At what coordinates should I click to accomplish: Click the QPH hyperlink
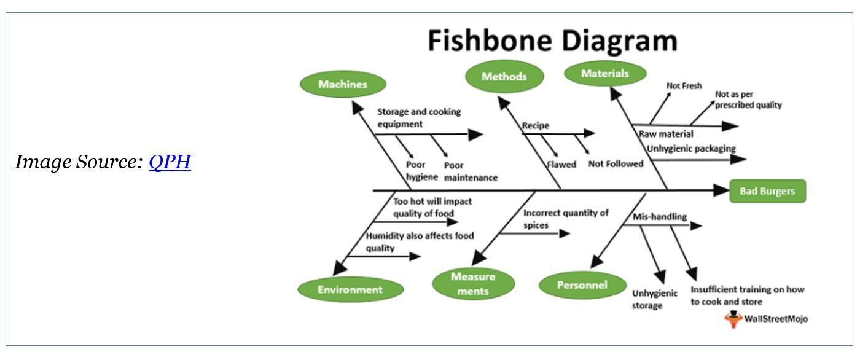pyautogui.click(x=170, y=162)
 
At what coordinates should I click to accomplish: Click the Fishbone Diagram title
pyautogui.click(x=552, y=41)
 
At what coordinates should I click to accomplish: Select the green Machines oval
pyautogui.click(x=343, y=85)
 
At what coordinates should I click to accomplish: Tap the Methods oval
pyautogui.click(x=504, y=77)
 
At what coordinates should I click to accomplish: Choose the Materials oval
pyautogui.click(x=604, y=74)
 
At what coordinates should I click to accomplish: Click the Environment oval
pyautogui.click(x=350, y=289)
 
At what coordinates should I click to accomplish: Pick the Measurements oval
pyautogui.click(x=472, y=283)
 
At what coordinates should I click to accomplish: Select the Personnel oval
pyautogui.click(x=582, y=285)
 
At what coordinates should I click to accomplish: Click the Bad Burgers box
pyautogui.click(x=767, y=191)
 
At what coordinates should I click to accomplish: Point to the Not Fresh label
pyautogui.click(x=684, y=86)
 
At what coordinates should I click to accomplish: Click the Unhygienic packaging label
pyautogui.click(x=690, y=148)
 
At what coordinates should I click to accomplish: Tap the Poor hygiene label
pyautogui.click(x=421, y=171)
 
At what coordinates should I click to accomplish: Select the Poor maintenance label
pyautogui.click(x=470, y=171)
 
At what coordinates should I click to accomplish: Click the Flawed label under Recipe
pyautogui.click(x=562, y=164)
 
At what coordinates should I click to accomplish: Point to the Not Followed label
pyautogui.click(x=616, y=164)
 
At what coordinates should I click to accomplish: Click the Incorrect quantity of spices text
pyautogui.click(x=565, y=219)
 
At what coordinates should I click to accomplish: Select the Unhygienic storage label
pyautogui.click(x=654, y=299)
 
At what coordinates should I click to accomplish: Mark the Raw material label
pyautogui.click(x=666, y=134)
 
